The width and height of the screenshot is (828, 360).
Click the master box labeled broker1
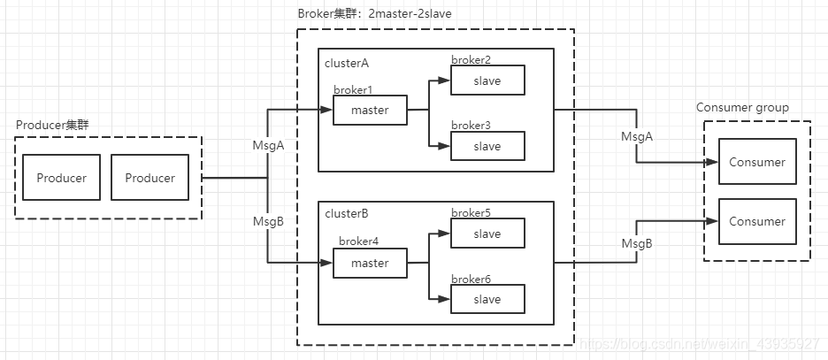(370, 111)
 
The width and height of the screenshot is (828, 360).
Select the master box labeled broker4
(370, 263)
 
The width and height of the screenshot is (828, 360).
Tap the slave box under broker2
(487, 80)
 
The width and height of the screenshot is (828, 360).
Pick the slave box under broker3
(487, 146)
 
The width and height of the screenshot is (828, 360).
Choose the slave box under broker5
(487, 234)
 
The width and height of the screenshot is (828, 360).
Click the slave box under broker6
(487, 299)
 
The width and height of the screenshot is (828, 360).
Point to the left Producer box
(61, 178)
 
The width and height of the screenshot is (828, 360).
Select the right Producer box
(149, 178)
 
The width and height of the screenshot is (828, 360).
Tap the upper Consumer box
(756, 162)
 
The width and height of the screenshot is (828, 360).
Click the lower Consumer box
(756, 221)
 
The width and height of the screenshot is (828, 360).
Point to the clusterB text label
(347, 214)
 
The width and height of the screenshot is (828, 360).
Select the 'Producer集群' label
(52, 125)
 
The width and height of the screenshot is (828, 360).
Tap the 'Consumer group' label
(742, 108)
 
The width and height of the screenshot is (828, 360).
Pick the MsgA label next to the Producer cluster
(268, 145)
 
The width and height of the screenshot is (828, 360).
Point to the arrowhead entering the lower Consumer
(714, 221)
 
